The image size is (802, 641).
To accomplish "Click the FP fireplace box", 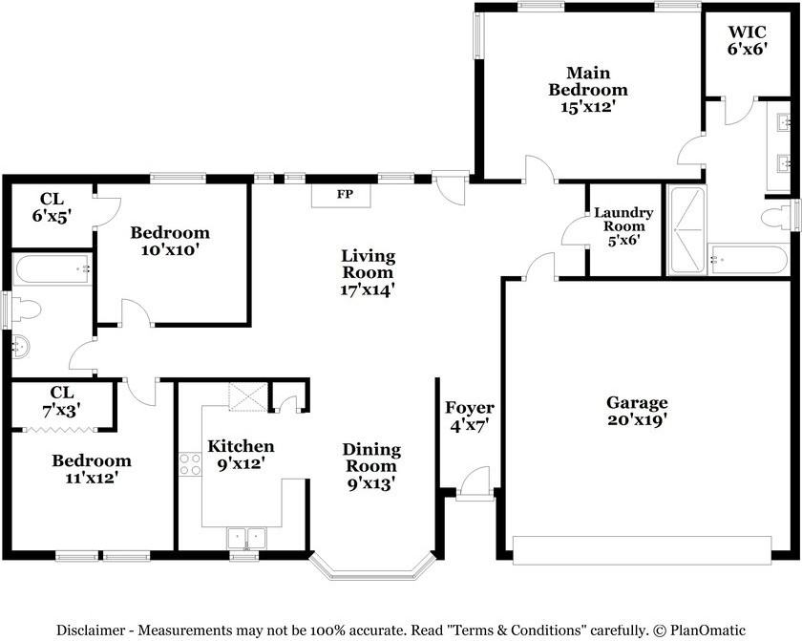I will [344, 195].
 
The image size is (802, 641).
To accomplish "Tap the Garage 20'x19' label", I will [637, 411].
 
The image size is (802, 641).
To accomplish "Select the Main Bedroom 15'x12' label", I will [587, 90].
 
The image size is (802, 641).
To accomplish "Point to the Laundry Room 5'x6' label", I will [623, 226].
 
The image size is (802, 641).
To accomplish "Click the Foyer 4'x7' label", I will [468, 417].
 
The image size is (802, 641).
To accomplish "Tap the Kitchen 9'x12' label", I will [241, 455].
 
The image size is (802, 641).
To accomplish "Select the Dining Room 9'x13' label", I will [371, 466].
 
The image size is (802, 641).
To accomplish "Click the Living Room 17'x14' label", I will [368, 272].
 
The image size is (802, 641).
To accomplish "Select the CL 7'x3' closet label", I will [63, 399].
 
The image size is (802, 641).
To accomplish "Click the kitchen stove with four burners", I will [189, 463].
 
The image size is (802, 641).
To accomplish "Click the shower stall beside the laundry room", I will [686, 231].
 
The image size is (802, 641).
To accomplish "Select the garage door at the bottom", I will [641, 549].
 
